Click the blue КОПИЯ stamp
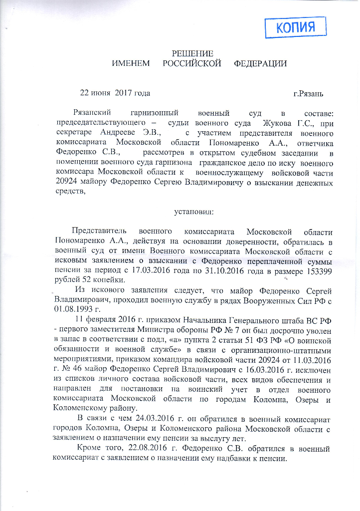pos(295,27)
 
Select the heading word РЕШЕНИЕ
pos(192,54)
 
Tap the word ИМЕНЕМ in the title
pos(131,63)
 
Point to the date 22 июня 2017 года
pos(115,93)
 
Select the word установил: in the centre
pos(193,212)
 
